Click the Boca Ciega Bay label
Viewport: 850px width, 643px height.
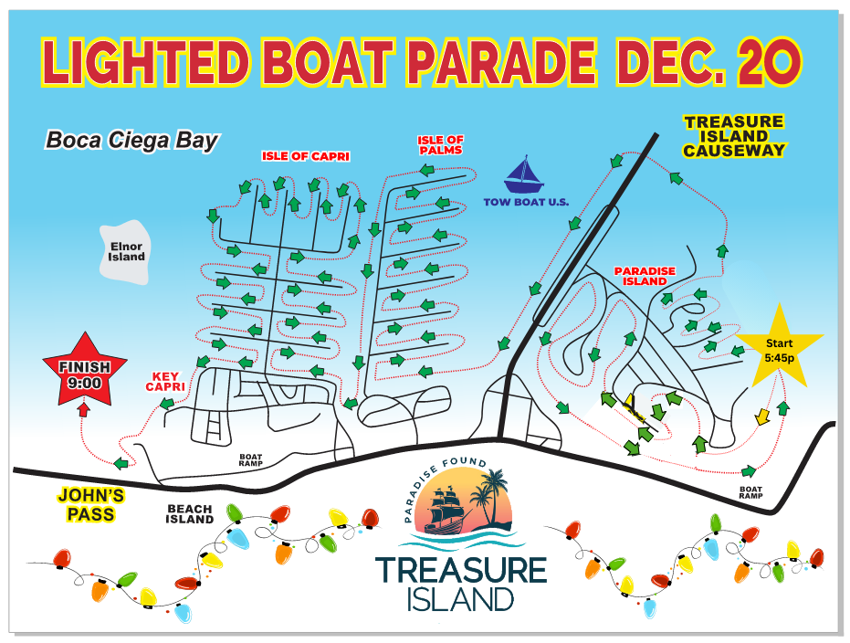(132, 141)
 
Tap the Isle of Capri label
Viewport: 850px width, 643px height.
(306, 155)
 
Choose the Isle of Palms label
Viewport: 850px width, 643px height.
(441, 145)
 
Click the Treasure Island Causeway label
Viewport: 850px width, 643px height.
(734, 136)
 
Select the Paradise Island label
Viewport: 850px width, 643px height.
(645, 276)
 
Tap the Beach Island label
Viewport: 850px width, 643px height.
(189, 514)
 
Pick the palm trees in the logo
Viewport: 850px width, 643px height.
(491, 493)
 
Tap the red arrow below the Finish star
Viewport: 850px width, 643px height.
(84, 410)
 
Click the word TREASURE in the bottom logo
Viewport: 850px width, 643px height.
(461, 569)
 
